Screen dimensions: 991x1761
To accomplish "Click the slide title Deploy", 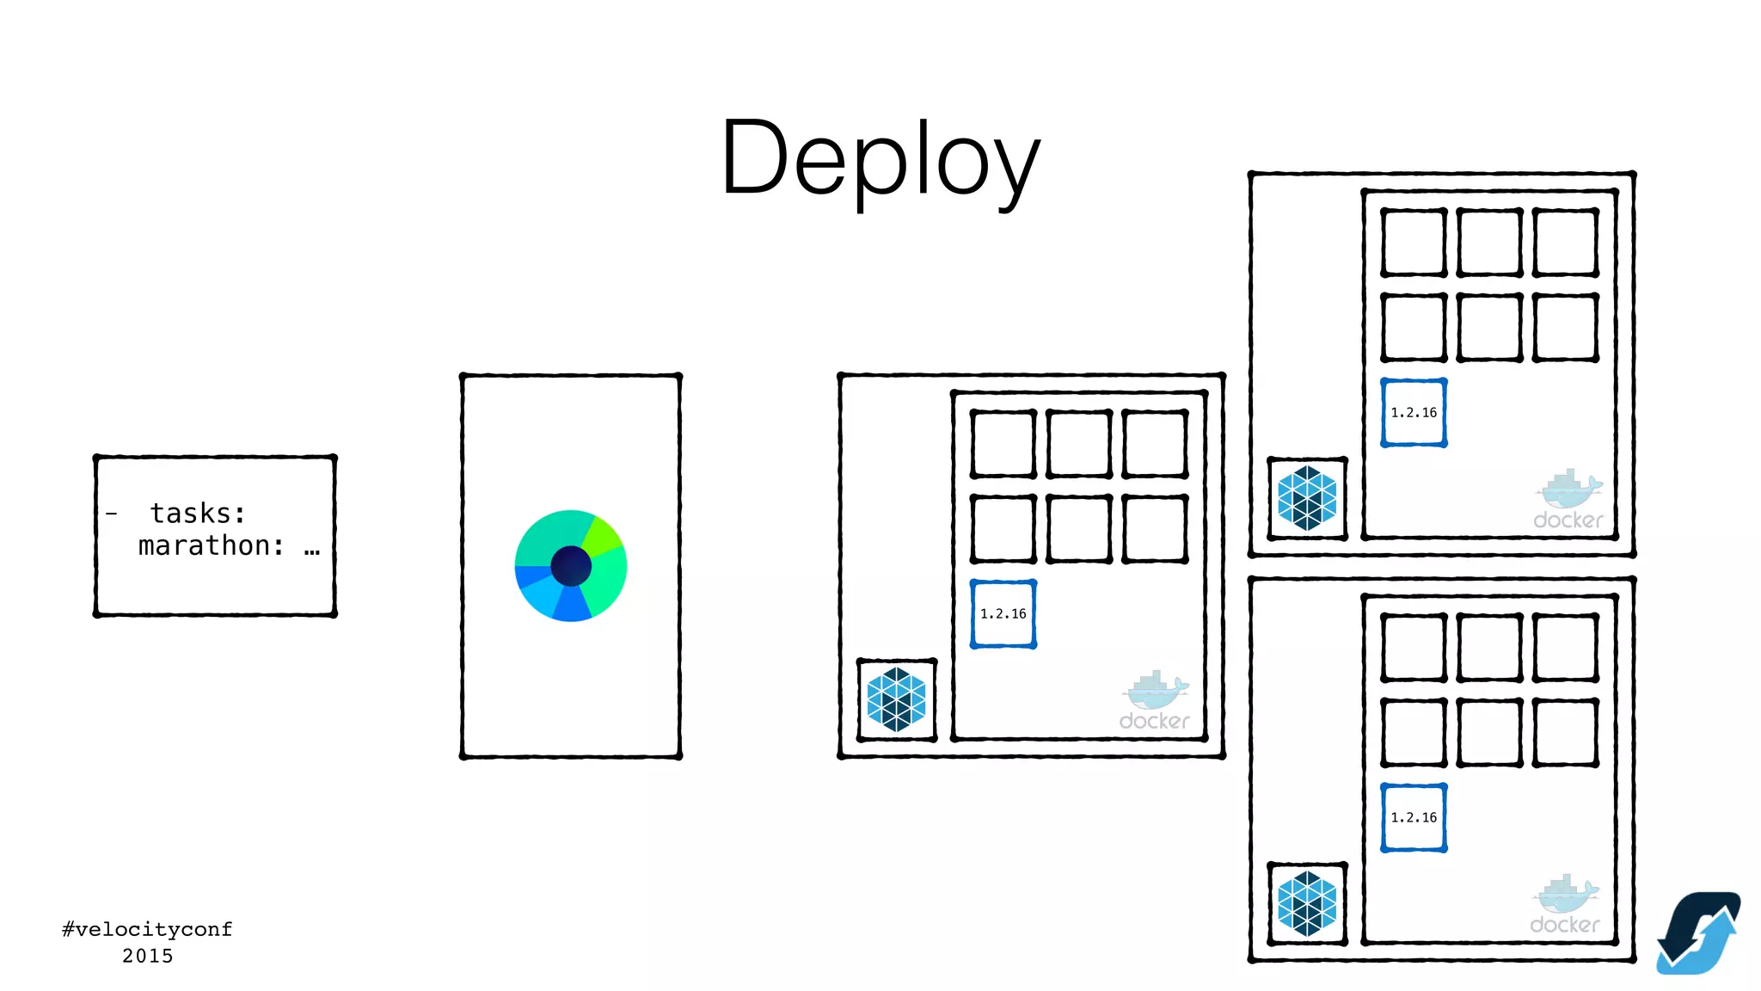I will [880, 159].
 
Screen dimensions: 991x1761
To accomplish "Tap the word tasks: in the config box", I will [198, 514].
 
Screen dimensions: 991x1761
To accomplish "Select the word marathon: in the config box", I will [212, 546].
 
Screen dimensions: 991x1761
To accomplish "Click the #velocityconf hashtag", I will [147, 929].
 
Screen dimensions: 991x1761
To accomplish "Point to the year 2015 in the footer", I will [147, 956].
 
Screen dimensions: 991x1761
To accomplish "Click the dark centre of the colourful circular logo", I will [571, 566].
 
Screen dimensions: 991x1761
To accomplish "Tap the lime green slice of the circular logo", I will [602, 535].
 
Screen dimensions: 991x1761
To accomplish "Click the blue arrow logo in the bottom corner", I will [1697, 933].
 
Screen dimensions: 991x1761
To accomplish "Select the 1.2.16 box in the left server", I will [1003, 614].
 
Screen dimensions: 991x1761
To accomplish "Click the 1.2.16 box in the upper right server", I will [1414, 413].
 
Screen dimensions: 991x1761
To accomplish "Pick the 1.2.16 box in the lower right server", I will [1414, 818].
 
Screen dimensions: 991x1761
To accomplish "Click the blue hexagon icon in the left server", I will [897, 700].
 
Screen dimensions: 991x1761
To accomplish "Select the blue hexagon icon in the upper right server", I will [1307, 499].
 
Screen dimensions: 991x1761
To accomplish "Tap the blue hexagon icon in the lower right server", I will [1307, 904].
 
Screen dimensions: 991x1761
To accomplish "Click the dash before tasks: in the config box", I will [112, 514].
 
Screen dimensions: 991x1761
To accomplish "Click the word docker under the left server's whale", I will [1154, 721].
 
